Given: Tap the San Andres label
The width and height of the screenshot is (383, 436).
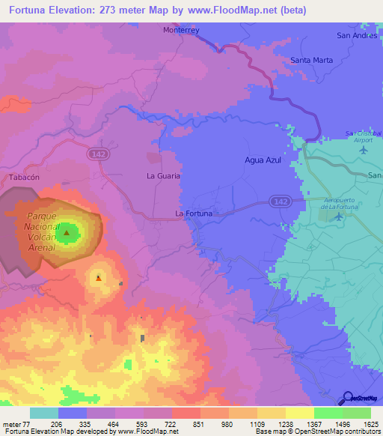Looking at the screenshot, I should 355,34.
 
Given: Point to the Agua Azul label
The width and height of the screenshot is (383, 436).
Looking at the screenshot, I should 263,160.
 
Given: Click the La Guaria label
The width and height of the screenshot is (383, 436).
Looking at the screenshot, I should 163,175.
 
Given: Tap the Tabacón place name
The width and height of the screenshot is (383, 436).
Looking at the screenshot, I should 23,178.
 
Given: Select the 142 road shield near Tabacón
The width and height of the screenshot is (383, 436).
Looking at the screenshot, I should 96,153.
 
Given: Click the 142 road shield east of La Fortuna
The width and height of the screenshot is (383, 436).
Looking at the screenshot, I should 280,202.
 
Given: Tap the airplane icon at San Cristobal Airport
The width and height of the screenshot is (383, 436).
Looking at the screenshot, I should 364,149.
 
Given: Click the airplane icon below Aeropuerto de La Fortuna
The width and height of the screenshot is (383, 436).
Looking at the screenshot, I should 339,217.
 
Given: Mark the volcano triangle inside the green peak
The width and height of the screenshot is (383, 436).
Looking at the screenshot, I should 67,233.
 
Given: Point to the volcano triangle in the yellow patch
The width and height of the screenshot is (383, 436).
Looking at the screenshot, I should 99,279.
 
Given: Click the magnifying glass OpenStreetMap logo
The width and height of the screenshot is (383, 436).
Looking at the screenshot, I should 349,399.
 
